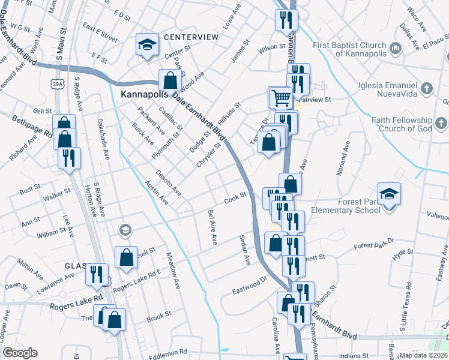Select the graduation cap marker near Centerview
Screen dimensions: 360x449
click(147, 44)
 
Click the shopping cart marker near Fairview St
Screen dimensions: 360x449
click(279, 97)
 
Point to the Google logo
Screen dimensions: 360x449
click(20, 353)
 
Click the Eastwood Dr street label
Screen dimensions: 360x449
click(249, 284)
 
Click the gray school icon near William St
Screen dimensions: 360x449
click(125, 229)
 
